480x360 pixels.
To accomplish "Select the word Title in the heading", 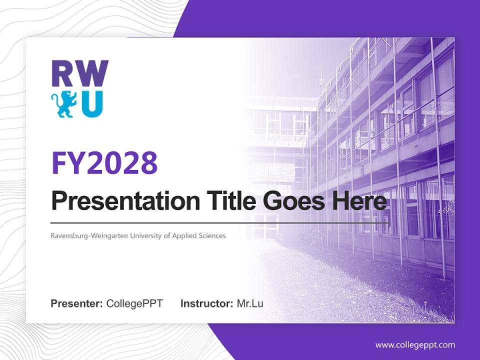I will tap(229, 201).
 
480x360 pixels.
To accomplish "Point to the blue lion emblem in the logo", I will tap(64, 103).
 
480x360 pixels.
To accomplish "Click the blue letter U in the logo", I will tap(92, 103).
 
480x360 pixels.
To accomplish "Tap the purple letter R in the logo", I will tap(63, 74).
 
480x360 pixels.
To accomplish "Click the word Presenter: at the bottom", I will tap(77, 303).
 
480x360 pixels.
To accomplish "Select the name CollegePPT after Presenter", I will tap(134, 303).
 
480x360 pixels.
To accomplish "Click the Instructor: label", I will tap(206, 303).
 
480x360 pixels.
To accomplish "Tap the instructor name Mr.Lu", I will tap(249, 303).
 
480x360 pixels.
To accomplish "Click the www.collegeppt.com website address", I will tap(415, 344).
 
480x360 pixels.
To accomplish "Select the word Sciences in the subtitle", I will tap(211, 235).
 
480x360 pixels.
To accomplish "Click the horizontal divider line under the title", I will tap(220, 222).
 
